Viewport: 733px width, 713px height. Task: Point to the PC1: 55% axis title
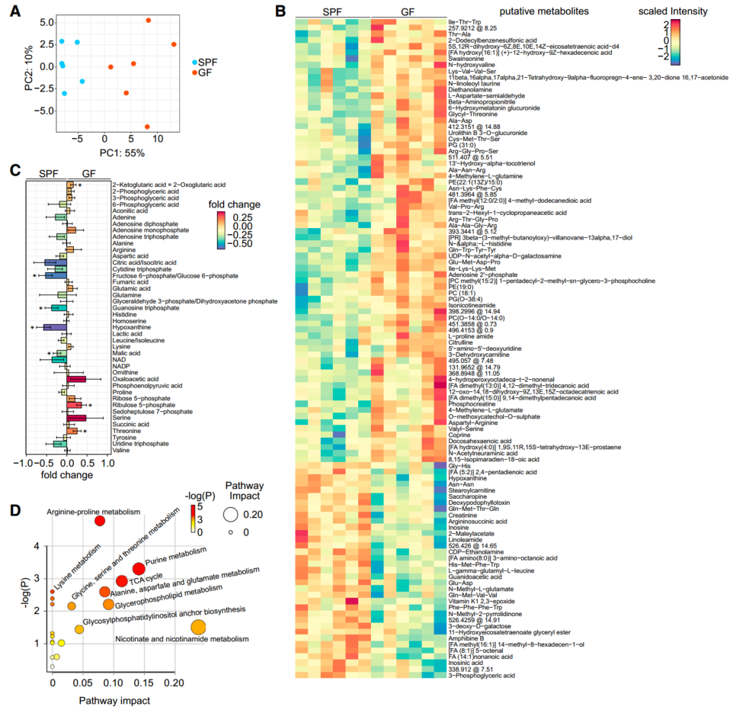click(105, 153)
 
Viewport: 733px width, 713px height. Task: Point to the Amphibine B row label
click(466, 638)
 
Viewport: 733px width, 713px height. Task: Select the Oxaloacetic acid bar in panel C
click(76, 378)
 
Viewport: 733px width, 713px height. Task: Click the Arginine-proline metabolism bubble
click(98, 521)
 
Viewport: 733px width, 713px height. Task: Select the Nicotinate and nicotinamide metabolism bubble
click(198, 627)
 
